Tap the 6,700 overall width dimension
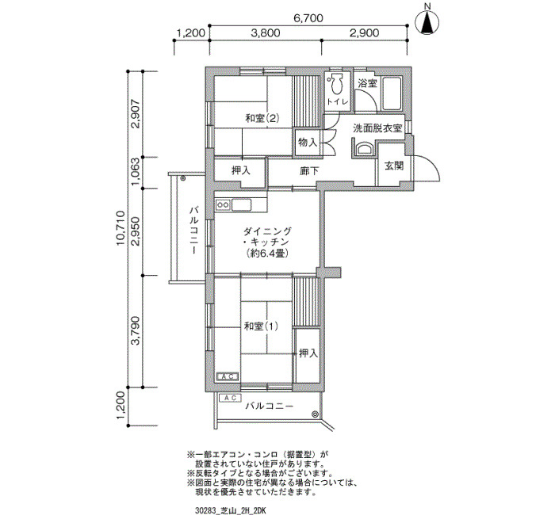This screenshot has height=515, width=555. point(308,17)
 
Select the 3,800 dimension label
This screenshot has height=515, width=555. point(266,33)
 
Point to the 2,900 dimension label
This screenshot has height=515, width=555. point(364,33)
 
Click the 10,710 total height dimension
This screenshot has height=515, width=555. point(121,228)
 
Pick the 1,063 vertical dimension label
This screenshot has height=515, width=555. point(136,172)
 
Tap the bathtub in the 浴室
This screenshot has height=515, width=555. point(391,93)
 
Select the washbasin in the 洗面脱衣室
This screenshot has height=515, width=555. point(363,149)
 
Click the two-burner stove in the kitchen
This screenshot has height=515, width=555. point(223,204)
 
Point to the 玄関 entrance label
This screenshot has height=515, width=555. point(394,165)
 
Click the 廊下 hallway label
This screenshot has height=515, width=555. point(309,171)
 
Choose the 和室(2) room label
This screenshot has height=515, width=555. point(262,118)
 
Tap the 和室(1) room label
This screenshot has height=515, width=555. point(261,326)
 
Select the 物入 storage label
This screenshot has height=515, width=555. point(308,142)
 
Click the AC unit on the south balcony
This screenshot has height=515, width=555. point(230,399)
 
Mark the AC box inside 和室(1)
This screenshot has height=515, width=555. point(228,376)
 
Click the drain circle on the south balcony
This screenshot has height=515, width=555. point(315,414)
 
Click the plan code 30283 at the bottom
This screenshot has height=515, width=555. point(204,510)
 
